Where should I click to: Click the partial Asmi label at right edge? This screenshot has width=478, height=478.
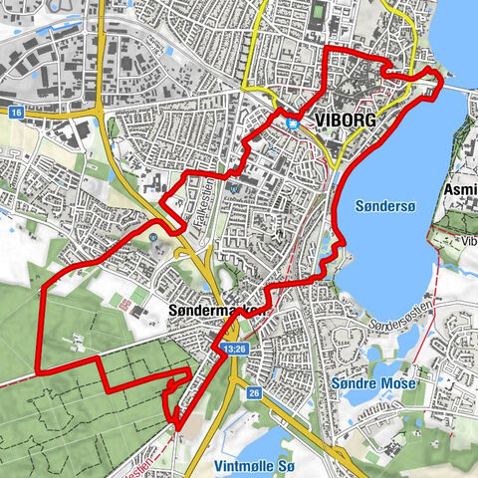(x=461, y=189)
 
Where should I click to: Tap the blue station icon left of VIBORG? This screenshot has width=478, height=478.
(x=293, y=123)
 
